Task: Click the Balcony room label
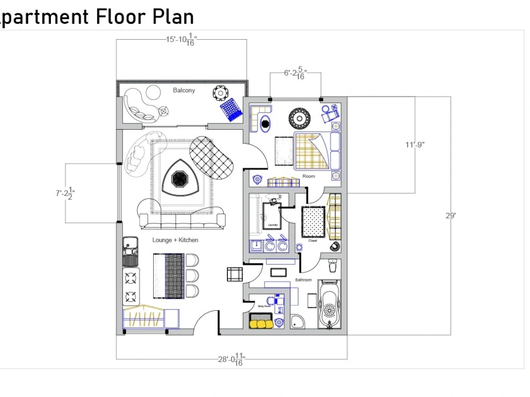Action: pos(184,91)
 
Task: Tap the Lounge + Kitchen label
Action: pos(175,240)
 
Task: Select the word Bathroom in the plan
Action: pos(304,280)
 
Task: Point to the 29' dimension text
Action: pos(450,216)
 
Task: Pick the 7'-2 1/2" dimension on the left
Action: pos(66,194)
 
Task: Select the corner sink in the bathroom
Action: pos(298,322)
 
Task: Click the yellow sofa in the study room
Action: pos(261,322)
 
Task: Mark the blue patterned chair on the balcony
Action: pos(231,110)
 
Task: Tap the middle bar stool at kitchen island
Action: pos(192,275)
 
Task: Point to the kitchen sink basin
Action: pos(130,245)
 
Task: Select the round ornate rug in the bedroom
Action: pos(299,118)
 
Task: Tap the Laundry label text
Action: pos(273,225)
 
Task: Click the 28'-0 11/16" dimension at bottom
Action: pos(232,360)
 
